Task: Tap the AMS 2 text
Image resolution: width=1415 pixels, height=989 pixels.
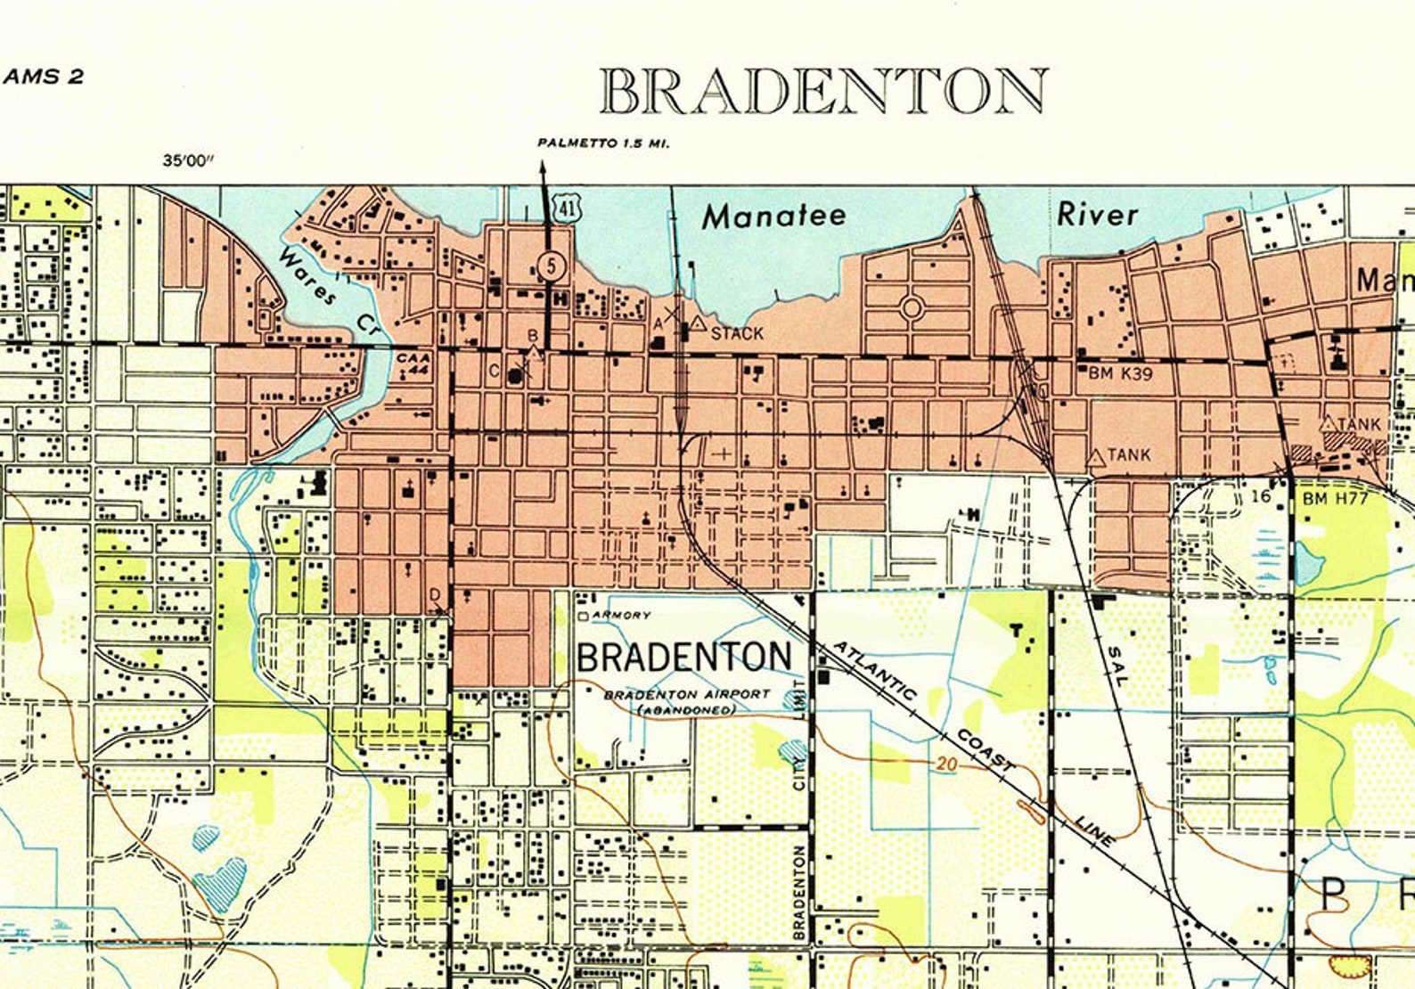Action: (44, 77)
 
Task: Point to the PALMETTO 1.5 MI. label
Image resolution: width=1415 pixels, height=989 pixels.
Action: (603, 143)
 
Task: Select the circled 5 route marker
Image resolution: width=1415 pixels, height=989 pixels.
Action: (552, 265)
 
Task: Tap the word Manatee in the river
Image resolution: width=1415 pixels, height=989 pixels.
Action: (773, 217)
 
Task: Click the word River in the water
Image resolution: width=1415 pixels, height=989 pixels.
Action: (1097, 215)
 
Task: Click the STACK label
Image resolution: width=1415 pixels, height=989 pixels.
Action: (737, 334)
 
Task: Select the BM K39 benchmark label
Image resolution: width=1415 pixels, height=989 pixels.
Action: (1120, 374)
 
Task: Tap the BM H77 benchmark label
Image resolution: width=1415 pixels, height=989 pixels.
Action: (1334, 498)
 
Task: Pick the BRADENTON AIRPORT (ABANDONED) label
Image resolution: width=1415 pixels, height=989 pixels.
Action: (687, 701)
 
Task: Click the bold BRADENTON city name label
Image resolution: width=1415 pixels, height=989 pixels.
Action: (683, 658)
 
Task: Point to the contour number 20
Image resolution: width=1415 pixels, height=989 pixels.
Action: (946, 764)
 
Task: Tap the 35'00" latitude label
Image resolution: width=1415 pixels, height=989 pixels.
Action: (189, 160)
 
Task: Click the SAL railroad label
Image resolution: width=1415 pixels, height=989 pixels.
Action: (1116, 665)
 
